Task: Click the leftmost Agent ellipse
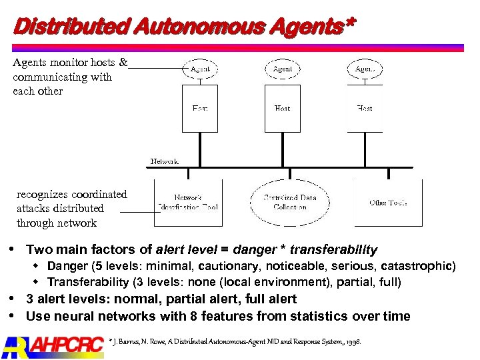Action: coord(200,69)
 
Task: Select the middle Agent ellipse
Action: coord(283,69)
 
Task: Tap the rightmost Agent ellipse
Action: coord(365,69)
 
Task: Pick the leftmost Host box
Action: coord(200,108)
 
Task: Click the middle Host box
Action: coord(283,108)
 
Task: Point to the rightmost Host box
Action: coord(365,108)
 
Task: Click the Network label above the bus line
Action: coord(164,161)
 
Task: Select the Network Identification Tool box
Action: coord(188,202)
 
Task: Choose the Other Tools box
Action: coord(388,202)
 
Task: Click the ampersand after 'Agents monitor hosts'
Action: coord(123,63)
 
